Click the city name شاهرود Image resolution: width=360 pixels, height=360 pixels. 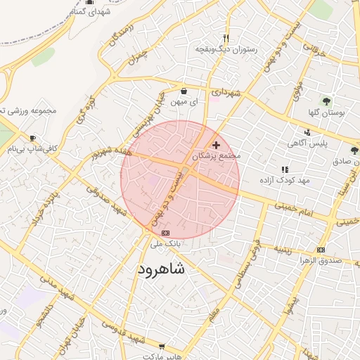pos(161,269)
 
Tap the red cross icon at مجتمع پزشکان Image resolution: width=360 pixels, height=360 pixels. pos(216,144)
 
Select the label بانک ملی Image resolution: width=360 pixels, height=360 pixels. pos(167,243)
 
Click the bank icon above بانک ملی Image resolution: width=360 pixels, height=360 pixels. pos(165,233)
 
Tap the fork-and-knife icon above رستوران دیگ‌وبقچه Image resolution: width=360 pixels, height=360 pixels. pos(226,38)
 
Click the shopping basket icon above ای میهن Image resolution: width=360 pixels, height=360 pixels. pos(184,91)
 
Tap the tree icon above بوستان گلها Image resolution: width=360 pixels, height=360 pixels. pos(326,101)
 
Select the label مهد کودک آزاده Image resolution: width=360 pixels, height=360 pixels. pos(285,181)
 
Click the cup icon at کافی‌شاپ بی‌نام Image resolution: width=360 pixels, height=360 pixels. pos(32,138)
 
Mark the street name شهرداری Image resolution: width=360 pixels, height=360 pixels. pos(226,92)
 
